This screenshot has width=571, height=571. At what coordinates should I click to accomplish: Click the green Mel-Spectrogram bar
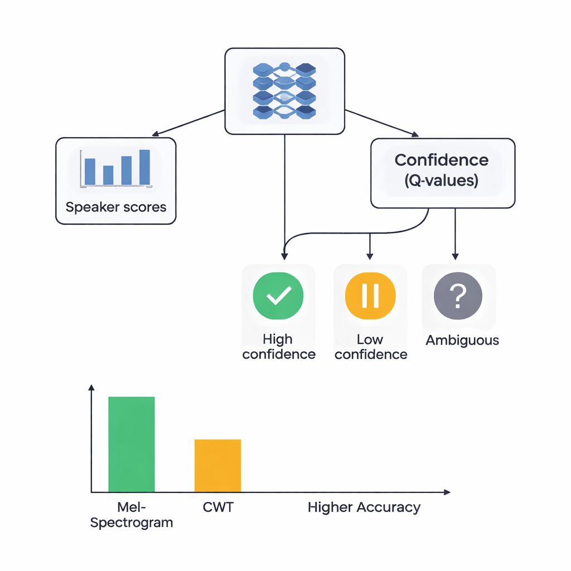(x=131, y=444)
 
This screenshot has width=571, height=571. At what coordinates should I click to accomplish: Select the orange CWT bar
(x=217, y=466)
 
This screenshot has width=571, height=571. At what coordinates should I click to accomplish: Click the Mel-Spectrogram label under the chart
(x=132, y=515)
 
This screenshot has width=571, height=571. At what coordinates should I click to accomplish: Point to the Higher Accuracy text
(x=364, y=507)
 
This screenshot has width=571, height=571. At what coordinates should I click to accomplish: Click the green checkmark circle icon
(x=278, y=296)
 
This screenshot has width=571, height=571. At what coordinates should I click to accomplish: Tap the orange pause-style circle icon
(x=370, y=296)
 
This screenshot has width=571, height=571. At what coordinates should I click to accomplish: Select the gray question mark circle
(x=458, y=296)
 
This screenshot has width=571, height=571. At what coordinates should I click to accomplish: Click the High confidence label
(x=278, y=347)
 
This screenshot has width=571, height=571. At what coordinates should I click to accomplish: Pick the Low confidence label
(x=371, y=347)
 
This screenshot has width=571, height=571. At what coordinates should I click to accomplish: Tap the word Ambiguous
(x=462, y=340)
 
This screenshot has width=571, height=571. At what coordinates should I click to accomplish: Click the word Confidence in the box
(x=442, y=160)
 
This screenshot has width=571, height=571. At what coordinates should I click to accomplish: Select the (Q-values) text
(x=442, y=181)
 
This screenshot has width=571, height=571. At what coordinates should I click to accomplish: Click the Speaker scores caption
(x=116, y=207)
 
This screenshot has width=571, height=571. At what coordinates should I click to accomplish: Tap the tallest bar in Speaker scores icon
(x=144, y=167)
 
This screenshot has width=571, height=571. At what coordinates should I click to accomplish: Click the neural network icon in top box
(x=284, y=90)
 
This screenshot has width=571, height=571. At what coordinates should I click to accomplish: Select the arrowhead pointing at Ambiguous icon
(x=456, y=256)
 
